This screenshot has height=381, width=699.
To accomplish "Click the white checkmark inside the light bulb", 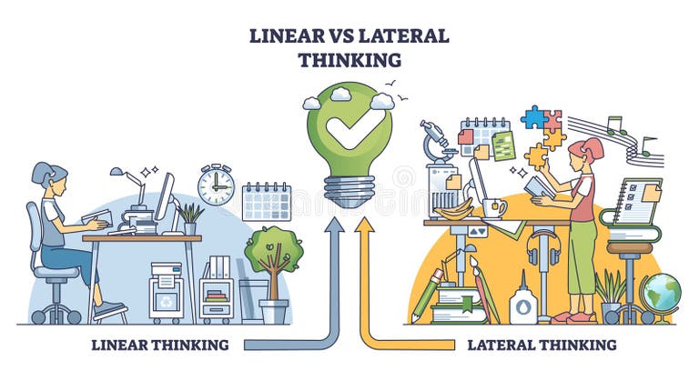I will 349,130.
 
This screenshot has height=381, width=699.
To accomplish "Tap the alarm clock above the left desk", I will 216,185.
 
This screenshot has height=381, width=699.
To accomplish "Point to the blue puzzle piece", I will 533,117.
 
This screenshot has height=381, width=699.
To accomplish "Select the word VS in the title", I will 346,35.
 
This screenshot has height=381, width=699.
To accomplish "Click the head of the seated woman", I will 45,175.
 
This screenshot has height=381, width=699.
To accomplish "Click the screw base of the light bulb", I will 349,189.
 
